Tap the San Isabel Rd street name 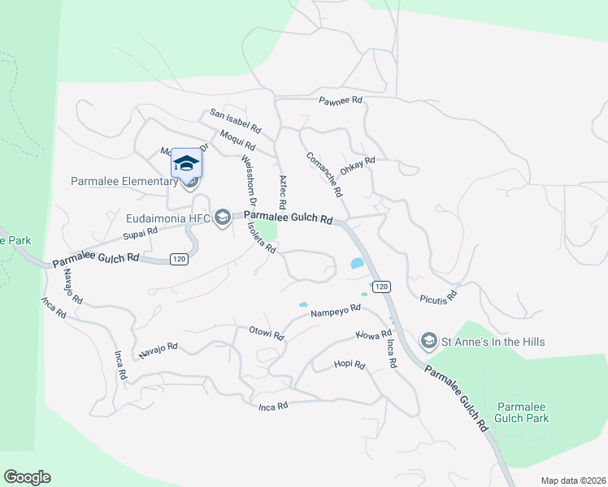(235, 122)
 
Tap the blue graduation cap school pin (186, 163)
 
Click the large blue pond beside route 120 (356, 263)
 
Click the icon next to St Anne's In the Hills (428, 342)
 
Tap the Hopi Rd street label (350, 365)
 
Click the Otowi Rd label (266, 333)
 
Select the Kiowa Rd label (374, 334)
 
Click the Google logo (27, 477)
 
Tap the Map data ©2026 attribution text (572, 481)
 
